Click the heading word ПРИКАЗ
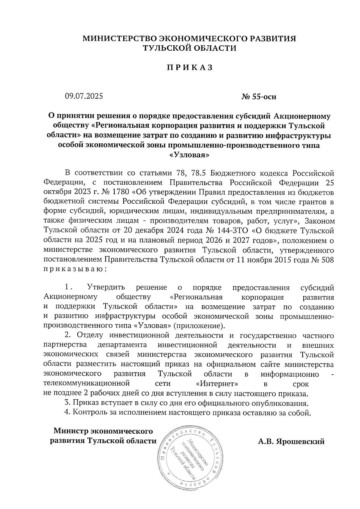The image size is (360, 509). (190, 68)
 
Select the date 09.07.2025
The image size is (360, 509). (84, 96)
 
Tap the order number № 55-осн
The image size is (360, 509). (259, 97)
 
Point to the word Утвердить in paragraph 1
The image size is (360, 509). (106, 288)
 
